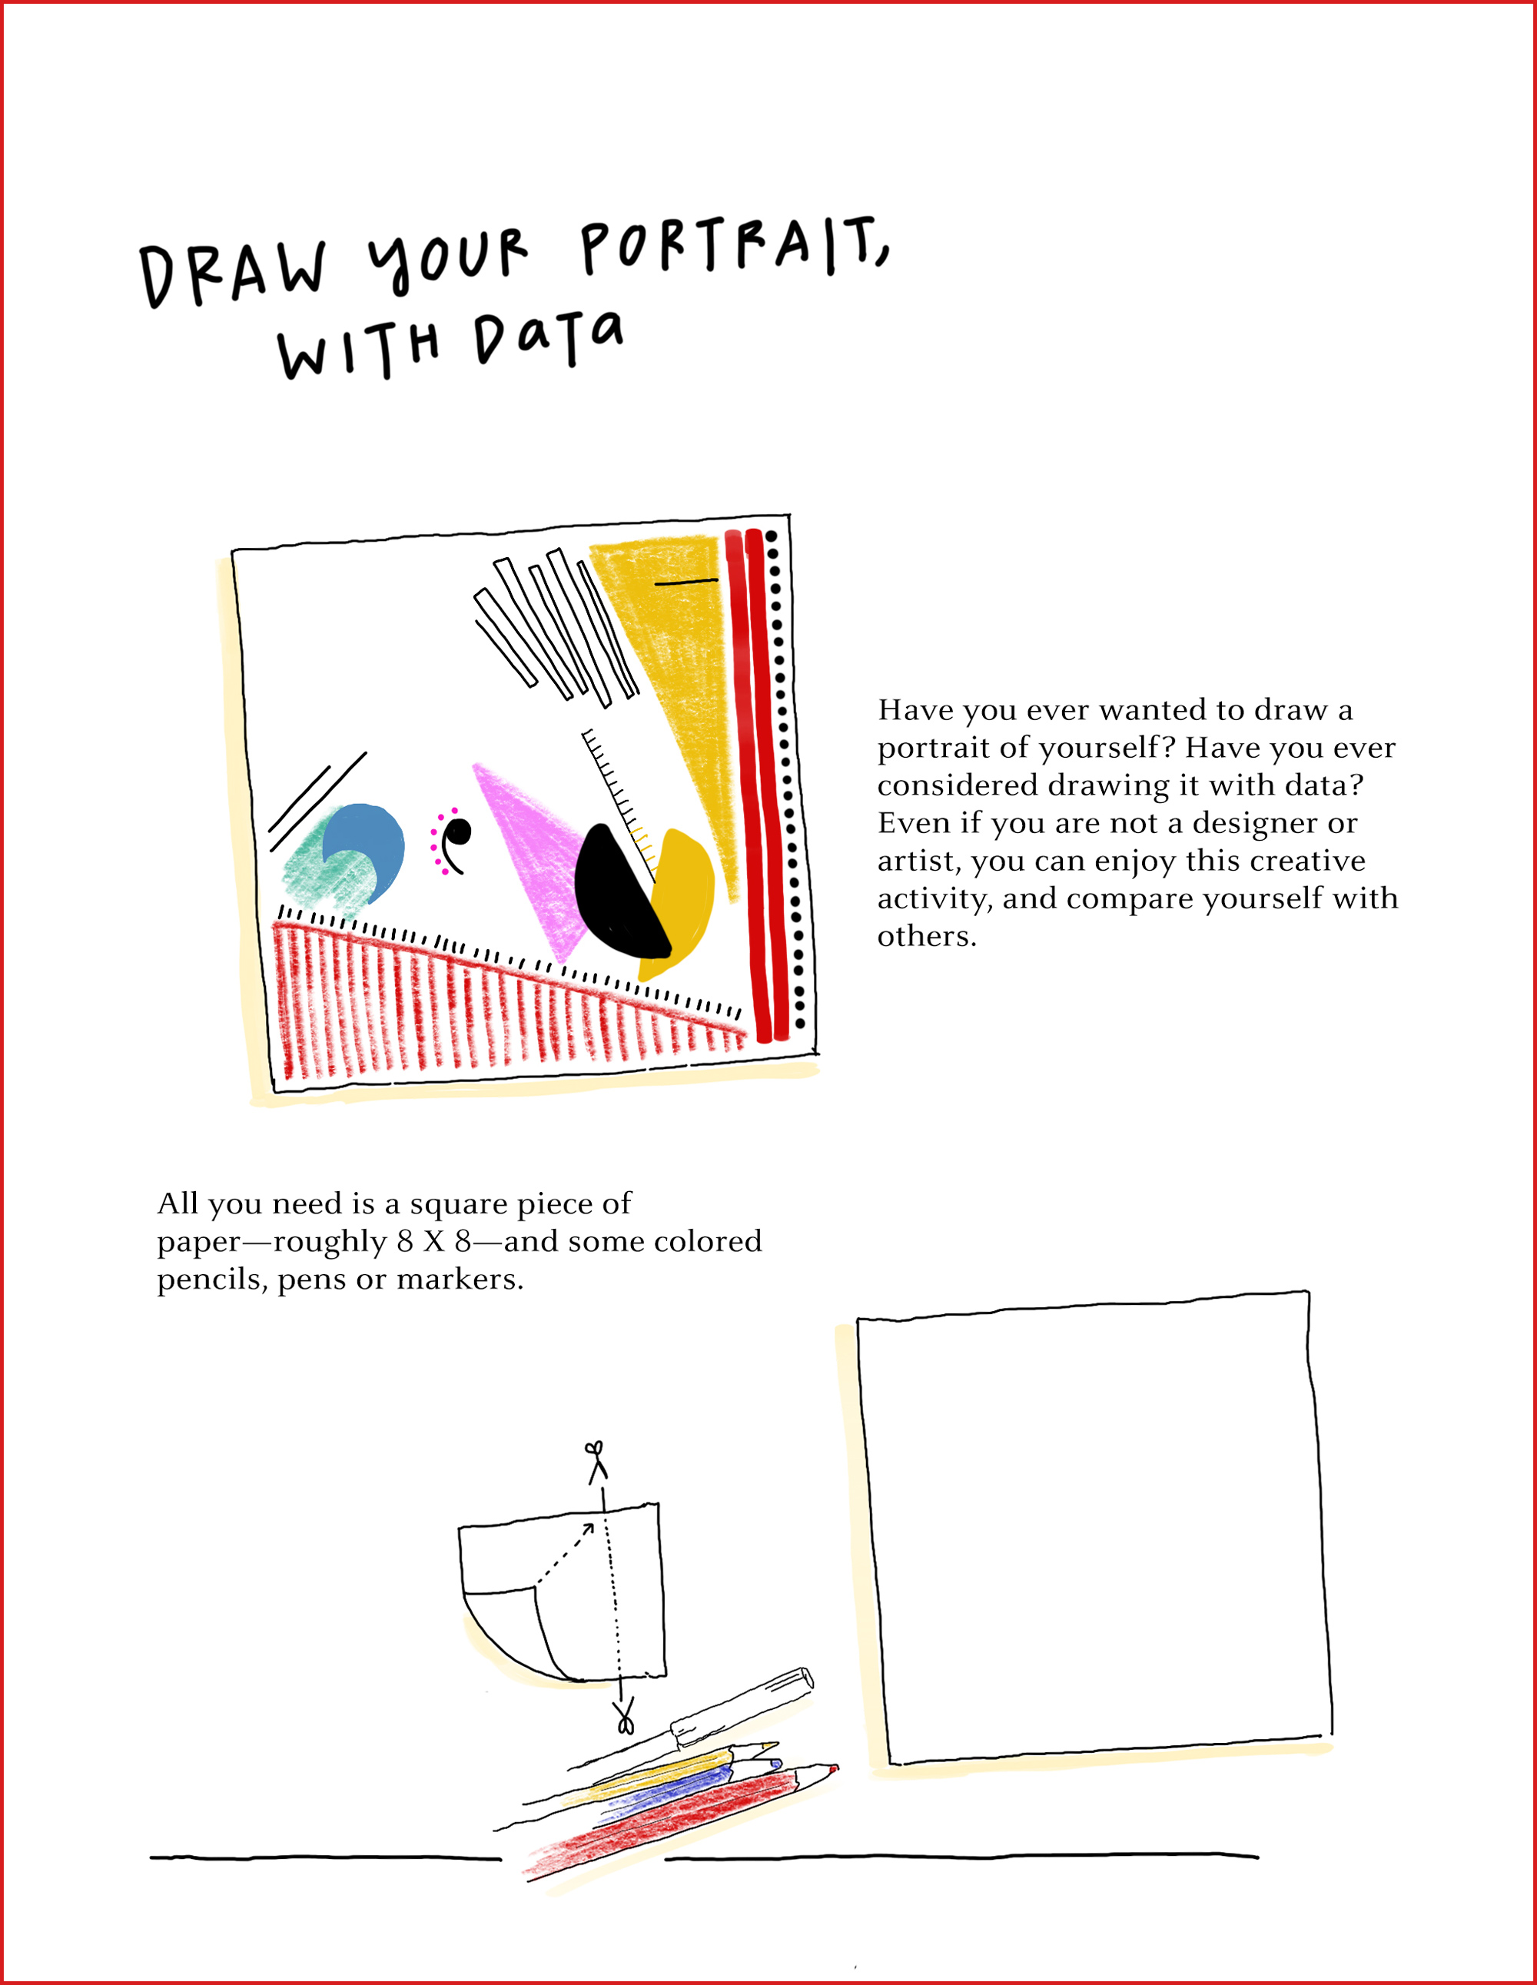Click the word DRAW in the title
(233, 274)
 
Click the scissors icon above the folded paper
(596, 1462)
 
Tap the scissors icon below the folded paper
(625, 1717)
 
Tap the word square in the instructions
(458, 1204)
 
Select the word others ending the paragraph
(926, 936)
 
